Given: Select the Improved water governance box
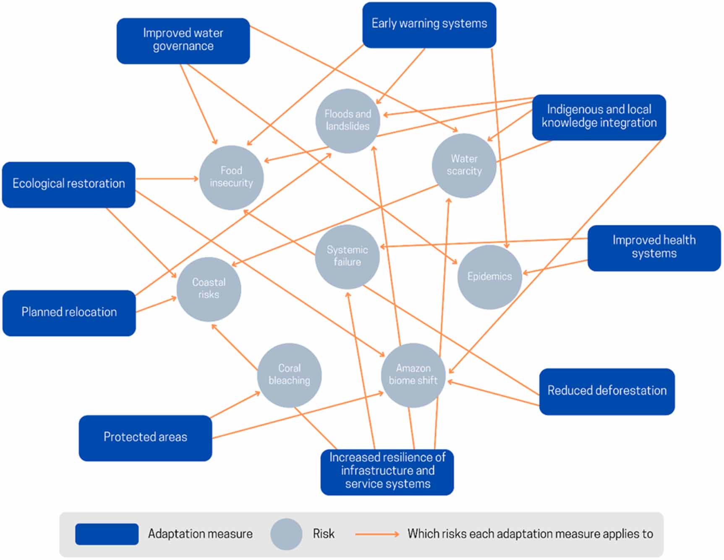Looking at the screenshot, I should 183,41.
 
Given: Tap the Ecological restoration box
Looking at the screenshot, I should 68,185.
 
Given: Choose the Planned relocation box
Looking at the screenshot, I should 69,313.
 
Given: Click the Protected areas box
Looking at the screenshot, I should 145,438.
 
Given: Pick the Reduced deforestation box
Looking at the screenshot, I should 606,391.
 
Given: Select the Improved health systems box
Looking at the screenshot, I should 653,248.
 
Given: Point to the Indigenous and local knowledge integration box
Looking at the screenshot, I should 599,117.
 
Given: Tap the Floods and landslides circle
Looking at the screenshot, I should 348,121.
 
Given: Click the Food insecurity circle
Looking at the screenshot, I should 231,177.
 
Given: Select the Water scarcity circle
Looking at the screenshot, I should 464,165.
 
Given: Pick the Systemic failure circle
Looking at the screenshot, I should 347,256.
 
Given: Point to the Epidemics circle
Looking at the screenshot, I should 489,277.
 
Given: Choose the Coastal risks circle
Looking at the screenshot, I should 209,289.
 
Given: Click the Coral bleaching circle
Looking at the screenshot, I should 289,375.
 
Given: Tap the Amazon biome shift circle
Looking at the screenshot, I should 413,375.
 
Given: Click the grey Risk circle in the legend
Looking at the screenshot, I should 286,534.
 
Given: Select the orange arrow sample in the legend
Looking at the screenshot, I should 376,534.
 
